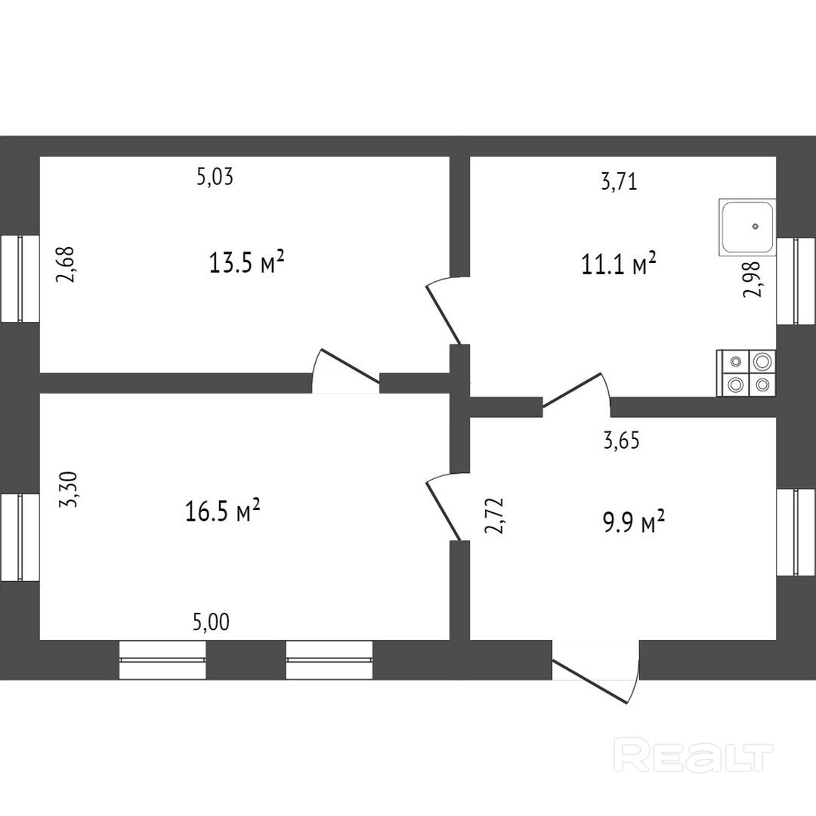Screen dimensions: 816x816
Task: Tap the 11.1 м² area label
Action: pyautogui.click(x=619, y=265)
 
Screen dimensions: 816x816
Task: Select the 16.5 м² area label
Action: pyautogui.click(x=223, y=512)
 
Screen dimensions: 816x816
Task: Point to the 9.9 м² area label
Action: pyautogui.click(x=633, y=521)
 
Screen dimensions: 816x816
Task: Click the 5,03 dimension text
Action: pyautogui.click(x=215, y=178)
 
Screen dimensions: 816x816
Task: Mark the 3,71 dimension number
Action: pyautogui.click(x=620, y=181)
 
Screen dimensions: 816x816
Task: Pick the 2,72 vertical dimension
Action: pyautogui.click(x=495, y=516)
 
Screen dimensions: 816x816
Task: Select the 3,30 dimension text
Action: pyautogui.click(x=70, y=490)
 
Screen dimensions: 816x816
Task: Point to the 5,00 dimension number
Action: pyautogui.click(x=212, y=623)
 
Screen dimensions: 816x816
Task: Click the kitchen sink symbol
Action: pyautogui.click(x=747, y=227)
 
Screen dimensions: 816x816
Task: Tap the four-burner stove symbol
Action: pyautogui.click(x=746, y=373)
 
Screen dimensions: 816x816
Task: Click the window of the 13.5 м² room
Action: pyautogui.click(x=20, y=278)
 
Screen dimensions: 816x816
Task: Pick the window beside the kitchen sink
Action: pyautogui.click(x=796, y=280)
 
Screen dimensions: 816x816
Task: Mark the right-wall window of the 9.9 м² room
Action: pyautogui.click(x=796, y=532)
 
